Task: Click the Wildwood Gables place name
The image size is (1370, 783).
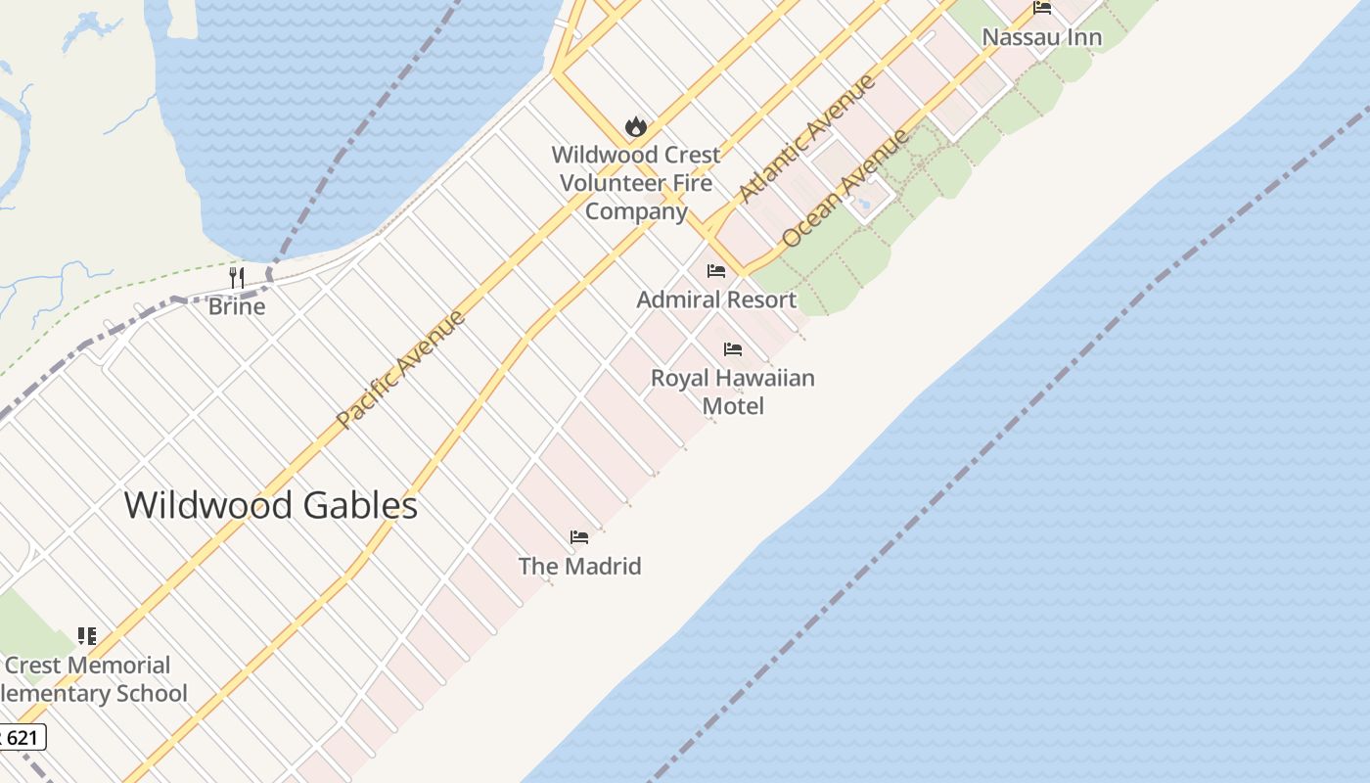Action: (271, 505)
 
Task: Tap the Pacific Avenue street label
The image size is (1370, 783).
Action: (400, 369)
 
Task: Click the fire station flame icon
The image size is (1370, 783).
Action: (636, 126)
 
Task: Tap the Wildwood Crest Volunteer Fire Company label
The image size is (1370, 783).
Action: (636, 183)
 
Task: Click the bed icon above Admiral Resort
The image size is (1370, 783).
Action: (716, 271)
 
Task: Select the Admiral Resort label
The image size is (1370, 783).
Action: (716, 299)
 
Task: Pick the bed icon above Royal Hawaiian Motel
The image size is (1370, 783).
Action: (733, 349)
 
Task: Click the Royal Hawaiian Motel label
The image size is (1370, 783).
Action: (733, 391)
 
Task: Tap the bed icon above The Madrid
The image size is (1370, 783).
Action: (579, 537)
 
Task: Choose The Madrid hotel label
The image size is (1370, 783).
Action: (579, 566)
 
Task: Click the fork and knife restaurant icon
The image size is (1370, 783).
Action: (236, 278)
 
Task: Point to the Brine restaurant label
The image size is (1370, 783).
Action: (237, 306)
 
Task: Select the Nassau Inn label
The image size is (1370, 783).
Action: (1041, 37)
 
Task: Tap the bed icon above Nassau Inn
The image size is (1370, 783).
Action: (1042, 9)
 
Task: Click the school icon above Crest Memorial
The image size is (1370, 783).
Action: (87, 637)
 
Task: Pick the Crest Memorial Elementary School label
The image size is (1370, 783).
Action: (94, 679)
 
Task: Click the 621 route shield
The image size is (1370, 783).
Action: (22, 736)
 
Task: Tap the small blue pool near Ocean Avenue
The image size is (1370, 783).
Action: (864, 205)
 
